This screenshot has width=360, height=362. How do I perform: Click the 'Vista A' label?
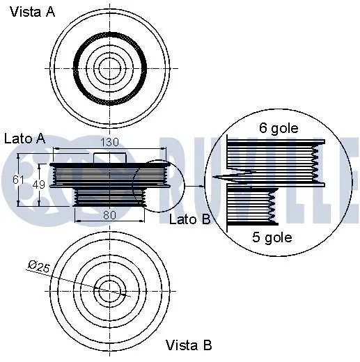coord(32,14)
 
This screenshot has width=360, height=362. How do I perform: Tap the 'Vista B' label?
coord(189,345)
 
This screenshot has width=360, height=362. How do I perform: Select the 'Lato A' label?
coord(25,139)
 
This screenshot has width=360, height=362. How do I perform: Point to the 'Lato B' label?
coord(190,220)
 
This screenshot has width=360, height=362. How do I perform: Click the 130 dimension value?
coord(109,142)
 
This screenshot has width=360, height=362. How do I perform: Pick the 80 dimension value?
coord(109,215)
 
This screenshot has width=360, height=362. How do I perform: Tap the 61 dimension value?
coord(19,180)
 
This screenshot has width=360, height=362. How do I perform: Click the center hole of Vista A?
coord(109,68)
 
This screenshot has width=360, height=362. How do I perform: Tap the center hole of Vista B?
coord(108,290)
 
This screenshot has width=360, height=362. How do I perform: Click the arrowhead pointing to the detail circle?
coord(203,185)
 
